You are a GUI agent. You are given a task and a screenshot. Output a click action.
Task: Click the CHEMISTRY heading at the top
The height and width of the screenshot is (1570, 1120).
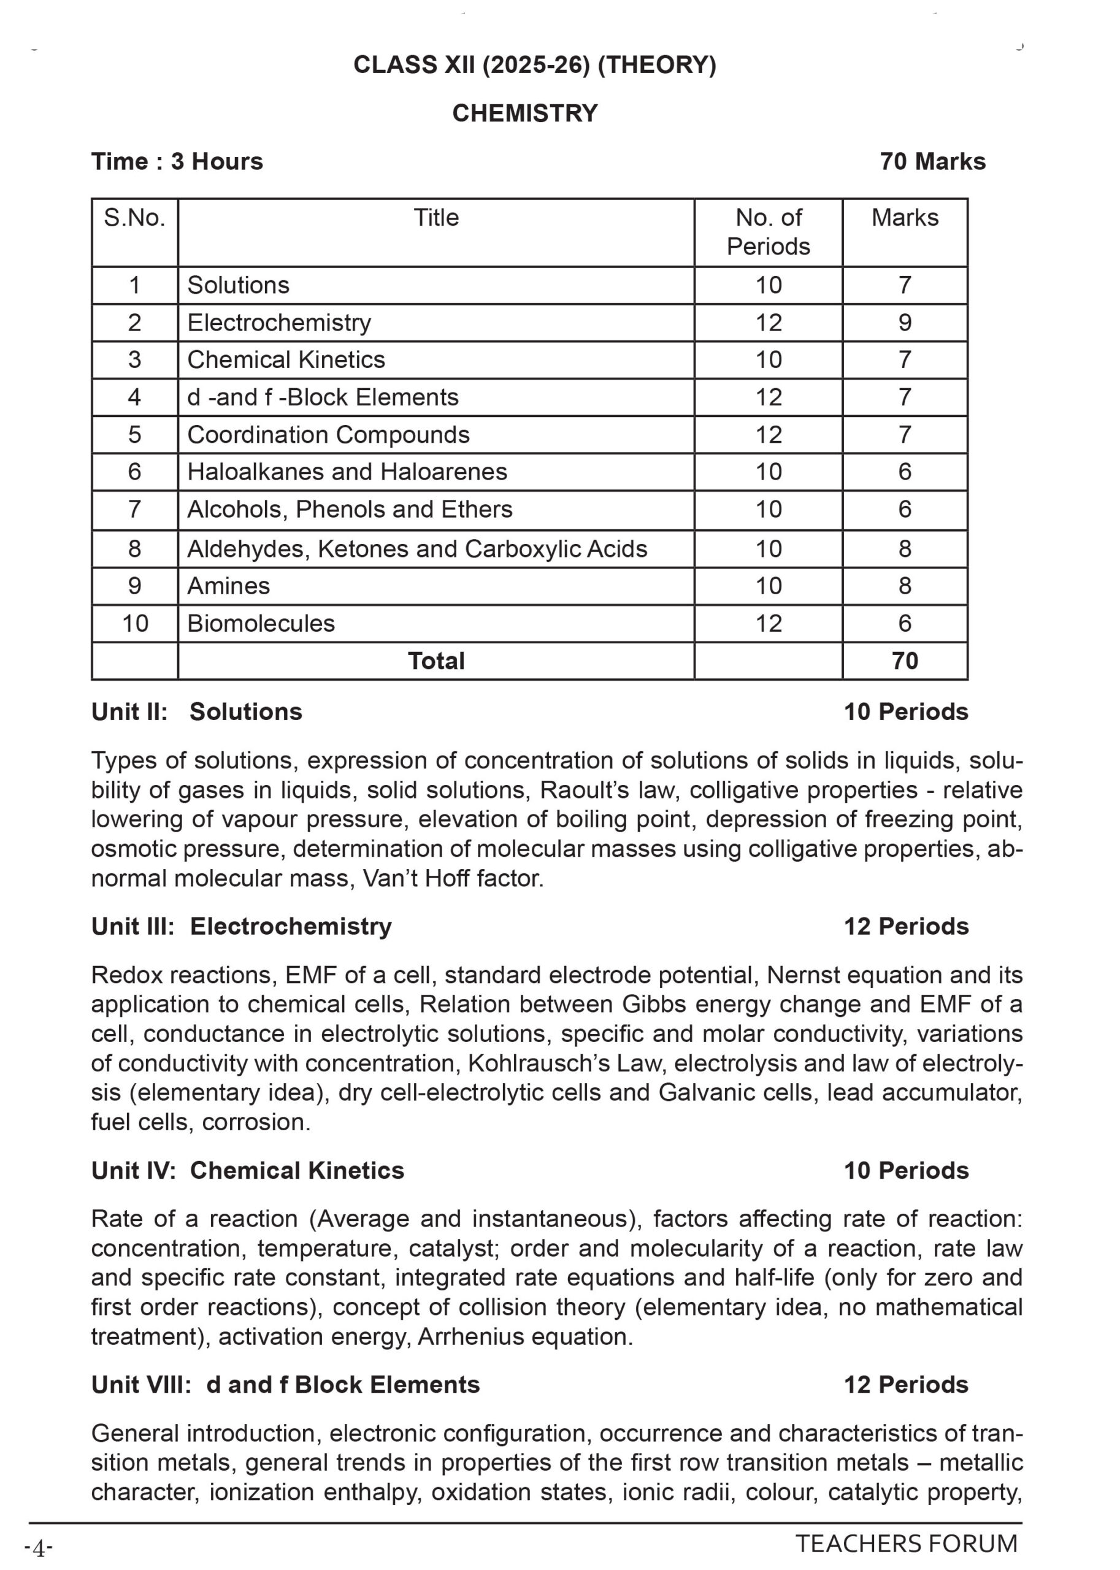(525, 113)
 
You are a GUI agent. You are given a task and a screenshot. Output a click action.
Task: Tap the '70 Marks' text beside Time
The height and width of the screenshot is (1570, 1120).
(932, 161)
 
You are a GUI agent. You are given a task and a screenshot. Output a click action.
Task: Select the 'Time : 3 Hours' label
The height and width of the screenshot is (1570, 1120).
(177, 161)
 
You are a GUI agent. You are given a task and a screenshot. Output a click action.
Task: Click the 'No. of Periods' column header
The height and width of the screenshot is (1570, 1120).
(769, 232)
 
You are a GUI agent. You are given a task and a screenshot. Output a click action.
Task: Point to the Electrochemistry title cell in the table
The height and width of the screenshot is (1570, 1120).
(279, 323)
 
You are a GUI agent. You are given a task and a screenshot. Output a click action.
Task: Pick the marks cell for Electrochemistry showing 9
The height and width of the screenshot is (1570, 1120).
(905, 323)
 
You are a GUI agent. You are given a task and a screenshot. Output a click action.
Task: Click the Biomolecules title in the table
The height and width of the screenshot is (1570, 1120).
(261, 623)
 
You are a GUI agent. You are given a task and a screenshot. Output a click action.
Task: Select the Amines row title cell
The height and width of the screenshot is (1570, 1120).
(228, 586)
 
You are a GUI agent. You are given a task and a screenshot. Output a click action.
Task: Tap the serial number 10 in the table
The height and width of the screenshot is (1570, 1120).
(134, 623)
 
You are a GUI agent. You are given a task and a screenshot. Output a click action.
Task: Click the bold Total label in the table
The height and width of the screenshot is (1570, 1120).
(436, 661)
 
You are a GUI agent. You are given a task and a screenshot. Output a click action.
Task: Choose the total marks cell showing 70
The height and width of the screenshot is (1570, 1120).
(905, 661)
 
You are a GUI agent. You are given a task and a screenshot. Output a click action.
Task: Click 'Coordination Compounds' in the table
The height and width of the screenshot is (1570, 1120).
(328, 434)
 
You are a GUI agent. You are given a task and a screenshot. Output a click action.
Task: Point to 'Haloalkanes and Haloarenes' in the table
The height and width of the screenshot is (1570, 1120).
(347, 472)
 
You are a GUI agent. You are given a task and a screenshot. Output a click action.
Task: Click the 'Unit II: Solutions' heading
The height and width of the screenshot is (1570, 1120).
(196, 711)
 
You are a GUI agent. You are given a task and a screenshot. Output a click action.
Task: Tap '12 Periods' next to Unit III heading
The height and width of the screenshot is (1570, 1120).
(906, 926)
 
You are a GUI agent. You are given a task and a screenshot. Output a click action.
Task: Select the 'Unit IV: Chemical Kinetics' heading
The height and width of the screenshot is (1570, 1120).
(248, 1170)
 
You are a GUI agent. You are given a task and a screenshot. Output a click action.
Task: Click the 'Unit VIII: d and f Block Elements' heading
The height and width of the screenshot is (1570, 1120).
(285, 1385)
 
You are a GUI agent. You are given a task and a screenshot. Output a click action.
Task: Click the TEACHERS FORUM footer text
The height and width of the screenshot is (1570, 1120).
(906, 1543)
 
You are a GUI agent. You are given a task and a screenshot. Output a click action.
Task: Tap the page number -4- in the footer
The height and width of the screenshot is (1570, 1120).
(39, 1549)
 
